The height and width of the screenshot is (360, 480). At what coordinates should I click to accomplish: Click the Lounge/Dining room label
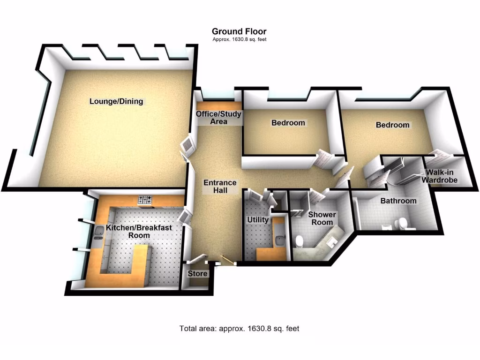click(116, 101)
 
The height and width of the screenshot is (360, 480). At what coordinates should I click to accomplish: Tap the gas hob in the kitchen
click(145, 200)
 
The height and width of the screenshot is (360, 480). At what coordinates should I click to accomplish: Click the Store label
click(197, 273)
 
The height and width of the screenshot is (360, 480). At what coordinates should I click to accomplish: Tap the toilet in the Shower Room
click(299, 241)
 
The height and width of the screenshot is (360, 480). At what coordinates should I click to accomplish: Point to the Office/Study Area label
click(218, 118)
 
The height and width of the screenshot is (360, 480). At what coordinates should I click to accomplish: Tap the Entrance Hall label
click(220, 186)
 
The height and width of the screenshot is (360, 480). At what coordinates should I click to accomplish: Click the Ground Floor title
click(240, 31)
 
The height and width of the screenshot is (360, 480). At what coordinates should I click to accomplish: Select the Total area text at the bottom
click(239, 328)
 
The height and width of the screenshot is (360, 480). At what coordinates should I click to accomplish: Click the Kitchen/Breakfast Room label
click(138, 231)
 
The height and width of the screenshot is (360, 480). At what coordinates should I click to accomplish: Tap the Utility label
click(258, 219)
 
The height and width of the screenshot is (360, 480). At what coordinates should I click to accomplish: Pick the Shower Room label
click(322, 218)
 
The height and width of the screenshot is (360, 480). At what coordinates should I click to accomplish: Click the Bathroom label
click(398, 201)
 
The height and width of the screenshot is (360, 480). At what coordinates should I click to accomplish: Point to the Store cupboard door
click(198, 259)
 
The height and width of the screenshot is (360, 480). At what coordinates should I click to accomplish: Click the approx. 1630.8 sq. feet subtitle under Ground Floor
click(240, 39)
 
